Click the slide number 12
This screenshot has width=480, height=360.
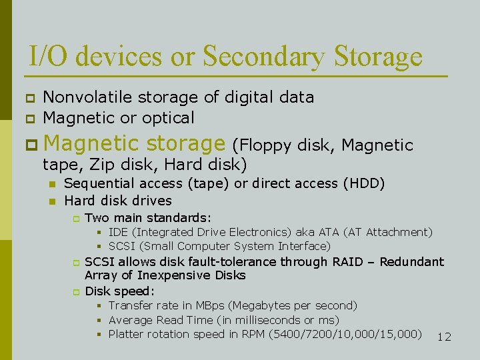[x=444, y=337]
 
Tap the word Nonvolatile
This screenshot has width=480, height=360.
[x=89, y=97]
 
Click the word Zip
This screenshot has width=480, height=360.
[x=102, y=164]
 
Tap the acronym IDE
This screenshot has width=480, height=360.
[x=119, y=232]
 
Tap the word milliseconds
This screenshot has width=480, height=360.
[x=260, y=320]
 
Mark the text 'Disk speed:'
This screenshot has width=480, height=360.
[x=119, y=291]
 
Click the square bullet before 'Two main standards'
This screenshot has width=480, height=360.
[x=76, y=218]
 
